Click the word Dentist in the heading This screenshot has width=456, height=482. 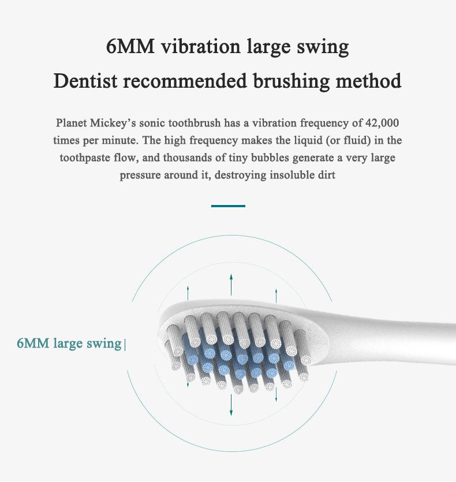point(85,81)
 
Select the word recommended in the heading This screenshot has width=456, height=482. point(185,81)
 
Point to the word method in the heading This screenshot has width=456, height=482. point(368,81)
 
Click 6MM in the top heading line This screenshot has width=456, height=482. point(130,46)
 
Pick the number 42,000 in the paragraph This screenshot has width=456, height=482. point(382,123)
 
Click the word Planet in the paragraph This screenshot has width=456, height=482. point(72,123)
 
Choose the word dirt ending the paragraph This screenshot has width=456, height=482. point(327,175)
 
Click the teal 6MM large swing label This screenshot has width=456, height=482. point(69,343)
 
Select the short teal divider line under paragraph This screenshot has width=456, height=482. point(228,206)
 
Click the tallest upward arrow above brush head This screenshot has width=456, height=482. point(231,285)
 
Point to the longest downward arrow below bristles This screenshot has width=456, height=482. point(231,405)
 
